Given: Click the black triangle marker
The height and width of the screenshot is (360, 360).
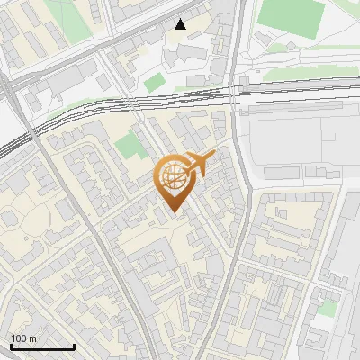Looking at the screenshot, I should point(181,24).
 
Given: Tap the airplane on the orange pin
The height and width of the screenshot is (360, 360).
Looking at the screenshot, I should point(201,164).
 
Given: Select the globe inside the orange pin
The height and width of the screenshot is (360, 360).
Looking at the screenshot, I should point(173,177).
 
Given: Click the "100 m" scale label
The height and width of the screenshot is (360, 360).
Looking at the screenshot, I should point(24,337).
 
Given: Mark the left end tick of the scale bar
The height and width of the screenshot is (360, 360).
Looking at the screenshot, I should point(11,346).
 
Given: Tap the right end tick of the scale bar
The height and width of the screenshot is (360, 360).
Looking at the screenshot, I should point(74,346).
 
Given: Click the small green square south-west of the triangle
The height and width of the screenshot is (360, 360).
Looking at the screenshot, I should point(155,82).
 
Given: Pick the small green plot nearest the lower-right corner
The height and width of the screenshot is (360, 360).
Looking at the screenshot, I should point(328,308).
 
